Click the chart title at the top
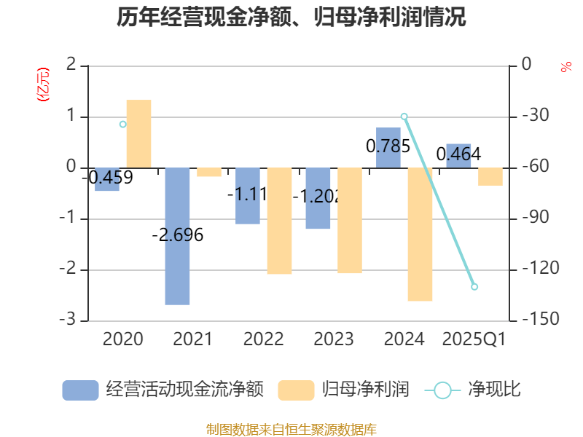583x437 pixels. tap(291, 17)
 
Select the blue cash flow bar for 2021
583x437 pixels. tap(177, 236)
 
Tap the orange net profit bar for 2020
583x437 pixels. tap(138, 133)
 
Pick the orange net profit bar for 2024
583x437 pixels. tap(420, 234)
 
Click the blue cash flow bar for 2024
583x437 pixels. tap(388, 147)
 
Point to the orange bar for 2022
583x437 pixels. tap(279, 221)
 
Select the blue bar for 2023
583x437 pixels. tap(318, 198)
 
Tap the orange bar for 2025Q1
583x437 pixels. tap(490, 176)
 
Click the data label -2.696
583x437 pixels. tap(177, 235)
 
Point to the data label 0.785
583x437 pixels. tap(388, 146)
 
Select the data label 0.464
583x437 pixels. tap(458, 154)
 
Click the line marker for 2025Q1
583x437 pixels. tap(474, 287)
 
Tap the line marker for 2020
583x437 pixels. tap(122, 125)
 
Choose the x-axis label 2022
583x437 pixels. tap(264, 339)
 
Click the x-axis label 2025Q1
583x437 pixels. tap(474, 339)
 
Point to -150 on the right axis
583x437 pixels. tap(536, 320)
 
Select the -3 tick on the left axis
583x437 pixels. tap(71, 320)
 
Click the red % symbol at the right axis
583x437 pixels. tap(566, 68)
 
